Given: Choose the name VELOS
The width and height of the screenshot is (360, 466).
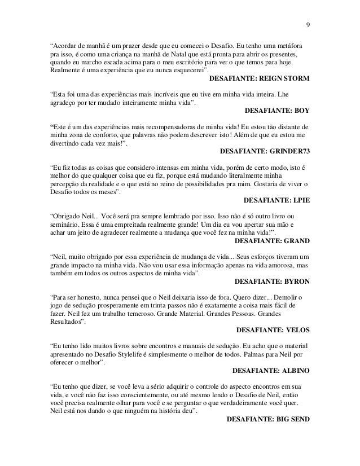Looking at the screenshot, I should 296,329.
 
